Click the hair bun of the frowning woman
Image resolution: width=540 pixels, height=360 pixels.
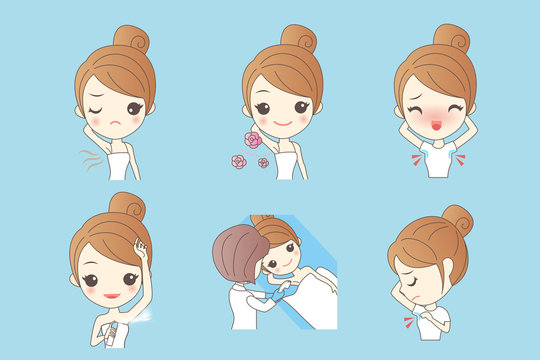[x=132, y=39]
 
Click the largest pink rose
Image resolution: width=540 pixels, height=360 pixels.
[x=253, y=140]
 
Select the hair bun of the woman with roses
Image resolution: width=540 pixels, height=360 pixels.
[x=299, y=39]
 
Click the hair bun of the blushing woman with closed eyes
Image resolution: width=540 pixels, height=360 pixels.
[x=451, y=39]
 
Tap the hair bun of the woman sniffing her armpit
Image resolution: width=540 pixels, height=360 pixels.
[x=457, y=219]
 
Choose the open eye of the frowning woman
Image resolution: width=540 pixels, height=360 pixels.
[x=133, y=107]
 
